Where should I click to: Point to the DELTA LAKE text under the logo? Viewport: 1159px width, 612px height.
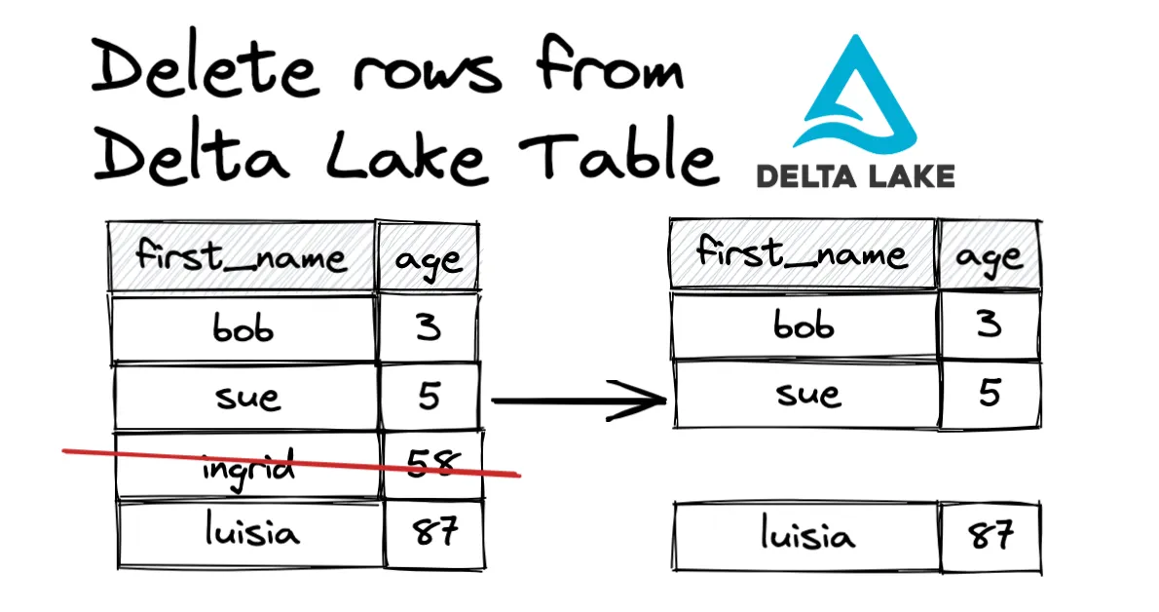(854, 175)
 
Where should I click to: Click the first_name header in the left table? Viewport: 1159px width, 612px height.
(242, 257)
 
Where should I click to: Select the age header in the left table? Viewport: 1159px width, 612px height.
(430, 259)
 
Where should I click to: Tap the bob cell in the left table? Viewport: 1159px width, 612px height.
(243, 328)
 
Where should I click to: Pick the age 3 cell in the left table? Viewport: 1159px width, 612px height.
(430, 328)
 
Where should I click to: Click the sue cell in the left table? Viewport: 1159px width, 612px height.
(245, 398)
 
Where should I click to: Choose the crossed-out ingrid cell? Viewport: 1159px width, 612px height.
(247, 466)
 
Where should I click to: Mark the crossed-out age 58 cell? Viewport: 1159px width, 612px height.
(431, 463)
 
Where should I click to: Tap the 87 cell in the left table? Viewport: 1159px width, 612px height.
(434, 533)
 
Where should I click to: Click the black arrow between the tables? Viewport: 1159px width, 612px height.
(579, 400)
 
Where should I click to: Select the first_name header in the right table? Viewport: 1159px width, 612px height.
(802, 254)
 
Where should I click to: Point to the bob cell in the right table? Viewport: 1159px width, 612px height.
(804, 325)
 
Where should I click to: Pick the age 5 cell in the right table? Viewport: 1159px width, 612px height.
(989, 394)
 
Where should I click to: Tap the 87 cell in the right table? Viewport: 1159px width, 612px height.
(990, 535)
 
